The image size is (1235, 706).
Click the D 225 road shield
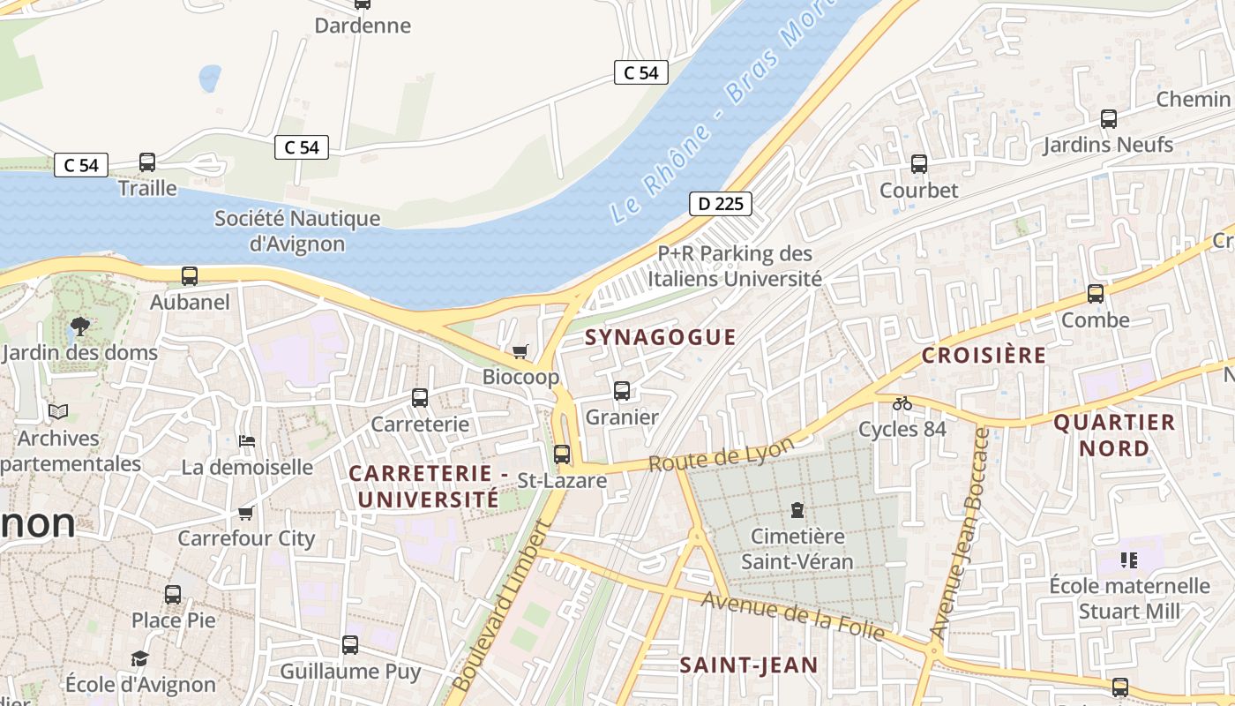point(720,205)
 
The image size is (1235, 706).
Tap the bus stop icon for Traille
point(147,162)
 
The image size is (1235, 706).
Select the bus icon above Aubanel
point(190,276)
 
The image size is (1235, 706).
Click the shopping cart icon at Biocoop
point(520,351)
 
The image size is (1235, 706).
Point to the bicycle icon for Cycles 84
point(902,403)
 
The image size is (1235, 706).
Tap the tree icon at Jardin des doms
point(80,327)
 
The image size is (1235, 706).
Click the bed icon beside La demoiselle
point(247,440)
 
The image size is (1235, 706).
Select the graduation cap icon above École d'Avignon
point(139,658)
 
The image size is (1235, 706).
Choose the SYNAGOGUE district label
point(660,337)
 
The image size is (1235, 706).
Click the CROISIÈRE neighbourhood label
point(984,356)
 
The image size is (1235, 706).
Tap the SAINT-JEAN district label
point(748,665)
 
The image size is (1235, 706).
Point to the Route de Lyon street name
point(721,454)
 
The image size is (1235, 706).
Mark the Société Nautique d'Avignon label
point(297,230)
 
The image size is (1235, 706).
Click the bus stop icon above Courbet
point(918,164)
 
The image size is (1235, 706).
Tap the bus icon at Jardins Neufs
point(1109,119)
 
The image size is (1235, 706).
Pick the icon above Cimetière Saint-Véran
point(797,510)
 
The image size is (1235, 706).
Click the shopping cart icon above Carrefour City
point(246,513)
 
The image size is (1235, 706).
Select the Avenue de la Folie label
point(792,615)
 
